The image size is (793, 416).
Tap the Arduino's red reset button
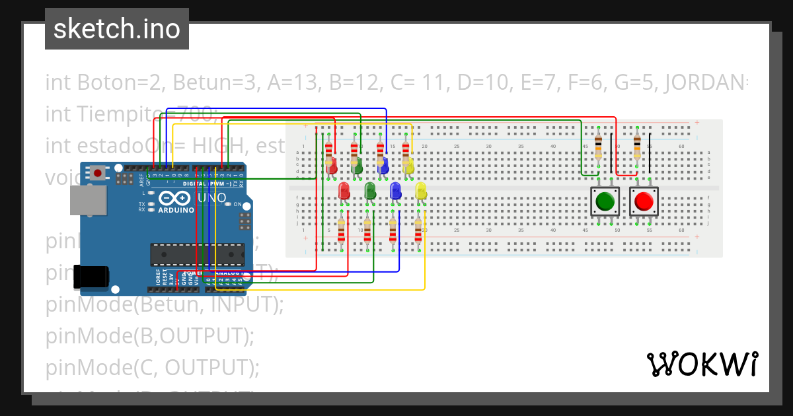[98, 174]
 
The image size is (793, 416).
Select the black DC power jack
[91, 276]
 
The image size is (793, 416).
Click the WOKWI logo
[702, 364]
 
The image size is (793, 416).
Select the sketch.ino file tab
[117, 29]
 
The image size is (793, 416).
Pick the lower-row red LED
[344, 191]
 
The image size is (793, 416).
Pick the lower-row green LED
[370, 191]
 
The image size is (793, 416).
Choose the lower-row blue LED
[395, 191]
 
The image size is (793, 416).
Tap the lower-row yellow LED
[421, 191]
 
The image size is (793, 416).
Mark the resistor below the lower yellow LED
[418, 232]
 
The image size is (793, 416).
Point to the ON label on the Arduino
[237, 204]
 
